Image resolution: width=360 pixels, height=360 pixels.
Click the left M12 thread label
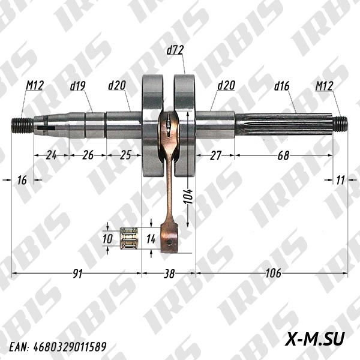34,86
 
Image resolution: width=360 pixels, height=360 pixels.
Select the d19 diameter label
78,86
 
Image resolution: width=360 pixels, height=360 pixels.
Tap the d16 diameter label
281,86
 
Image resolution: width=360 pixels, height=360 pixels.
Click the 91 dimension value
77,274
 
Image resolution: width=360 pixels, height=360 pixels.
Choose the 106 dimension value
272,274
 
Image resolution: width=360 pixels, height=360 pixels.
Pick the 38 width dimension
169,274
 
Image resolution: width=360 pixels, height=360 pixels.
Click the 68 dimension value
283,155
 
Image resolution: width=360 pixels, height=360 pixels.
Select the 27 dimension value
215,155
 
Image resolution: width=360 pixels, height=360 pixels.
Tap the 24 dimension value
51,155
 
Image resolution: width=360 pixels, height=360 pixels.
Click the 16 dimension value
22,180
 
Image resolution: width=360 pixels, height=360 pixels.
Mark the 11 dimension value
340,180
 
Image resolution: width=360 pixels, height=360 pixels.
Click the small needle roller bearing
129,238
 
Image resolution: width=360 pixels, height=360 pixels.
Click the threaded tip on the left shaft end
22,125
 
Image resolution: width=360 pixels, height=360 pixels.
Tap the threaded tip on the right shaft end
341,124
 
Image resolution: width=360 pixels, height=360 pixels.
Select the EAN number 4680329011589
58,347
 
